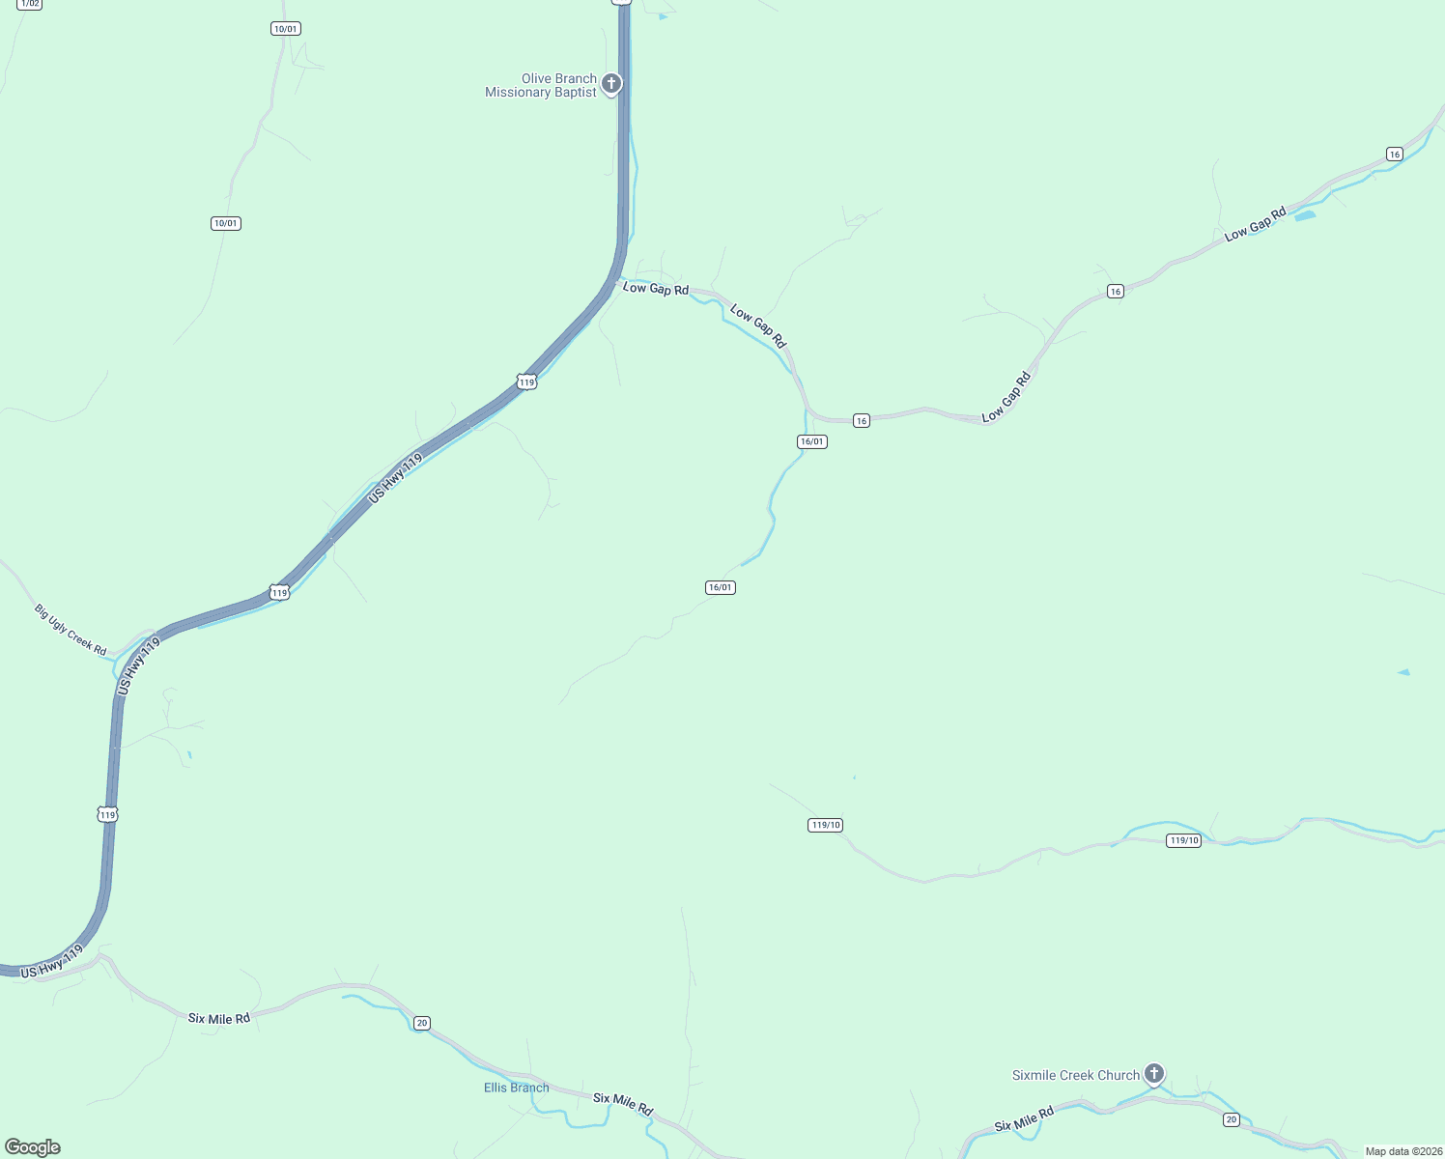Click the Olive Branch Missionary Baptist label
pyautogui.click(x=541, y=86)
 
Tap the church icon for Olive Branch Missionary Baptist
pyautogui.click(x=610, y=84)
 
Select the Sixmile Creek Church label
pyautogui.click(x=1076, y=1075)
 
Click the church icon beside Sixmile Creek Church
pyautogui.click(x=1153, y=1073)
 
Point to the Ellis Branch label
pyautogui.click(x=516, y=1088)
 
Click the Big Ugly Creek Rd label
pyautogui.click(x=71, y=630)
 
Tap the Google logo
pyautogui.click(x=33, y=1147)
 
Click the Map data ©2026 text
pyautogui.click(x=1402, y=1151)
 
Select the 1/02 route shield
pyautogui.click(x=29, y=4)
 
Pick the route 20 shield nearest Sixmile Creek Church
pyautogui.click(x=1231, y=1119)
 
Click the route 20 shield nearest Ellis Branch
pyautogui.click(x=422, y=1023)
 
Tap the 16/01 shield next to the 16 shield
pyautogui.click(x=812, y=441)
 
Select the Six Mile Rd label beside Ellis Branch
pyautogui.click(x=623, y=1104)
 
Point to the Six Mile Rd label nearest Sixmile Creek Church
pyautogui.click(x=1023, y=1120)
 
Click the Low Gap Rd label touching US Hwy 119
pyautogui.click(x=656, y=289)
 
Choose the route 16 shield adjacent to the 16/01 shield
pyautogui.click(x=862, y=421)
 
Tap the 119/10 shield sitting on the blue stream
pyautogui.click(x=1184, y=840)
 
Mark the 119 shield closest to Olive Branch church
pyautogui.click(x=526, y=382)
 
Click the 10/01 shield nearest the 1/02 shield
pyautogui.click(x=286, y=29)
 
